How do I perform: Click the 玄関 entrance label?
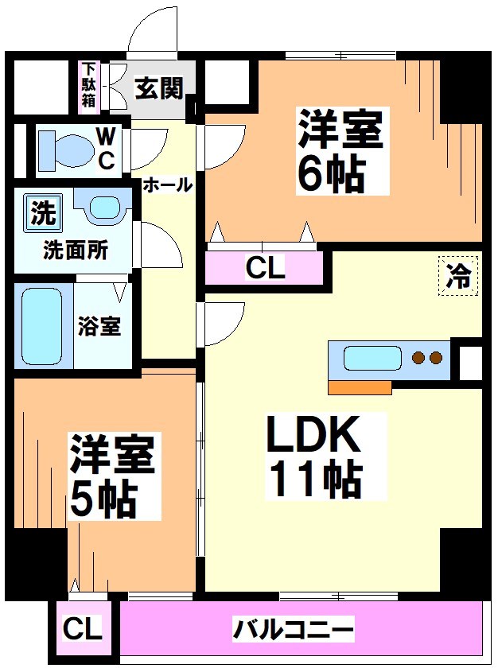tap(159, 85)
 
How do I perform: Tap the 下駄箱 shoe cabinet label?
tap(88, 85)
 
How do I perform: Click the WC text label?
tap(106, 149)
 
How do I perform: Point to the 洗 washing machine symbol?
tap(43, 212)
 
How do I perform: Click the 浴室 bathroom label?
tap(99, 326)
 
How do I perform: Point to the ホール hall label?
tap(167, 185)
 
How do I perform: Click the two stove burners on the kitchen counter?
tap(427, 358)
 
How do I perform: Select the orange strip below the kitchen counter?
tap(360, 387)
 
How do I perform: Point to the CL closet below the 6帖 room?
tap(265, 269)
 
